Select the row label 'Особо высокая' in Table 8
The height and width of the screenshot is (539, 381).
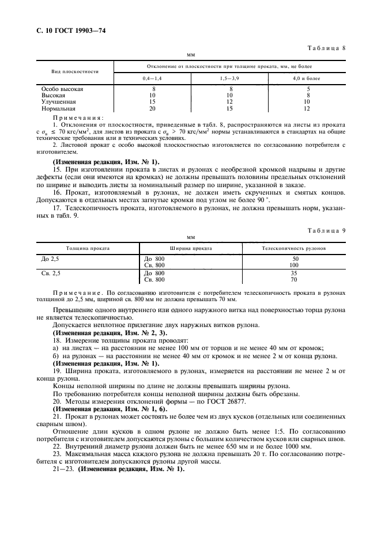[x=62, y=89]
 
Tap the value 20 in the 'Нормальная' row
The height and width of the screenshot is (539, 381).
[x=152, y=108]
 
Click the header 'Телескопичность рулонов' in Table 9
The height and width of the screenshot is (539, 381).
[x=293, y=248]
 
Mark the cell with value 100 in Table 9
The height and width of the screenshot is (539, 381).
[x=295, y=264]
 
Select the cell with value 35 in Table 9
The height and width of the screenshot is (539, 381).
[x=295, y=273]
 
